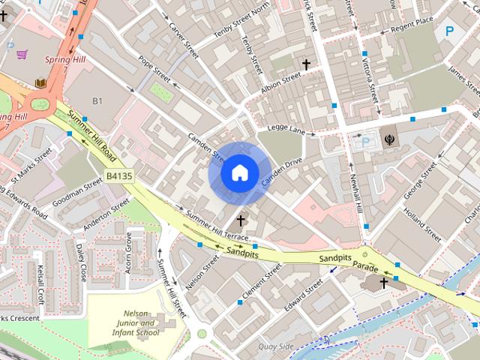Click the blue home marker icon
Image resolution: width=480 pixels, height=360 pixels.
click(x=238, y=173)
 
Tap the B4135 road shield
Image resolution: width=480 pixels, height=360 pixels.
click(x=118, y=175)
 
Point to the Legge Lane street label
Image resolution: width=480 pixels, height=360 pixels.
click(x=287, y=131)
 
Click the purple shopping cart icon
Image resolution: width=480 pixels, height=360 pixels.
click(x=23, y=54)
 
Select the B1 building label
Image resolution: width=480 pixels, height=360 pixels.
click(x=97, y=100)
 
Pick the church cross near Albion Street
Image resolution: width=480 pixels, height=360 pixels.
click(x=306, y=65)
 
